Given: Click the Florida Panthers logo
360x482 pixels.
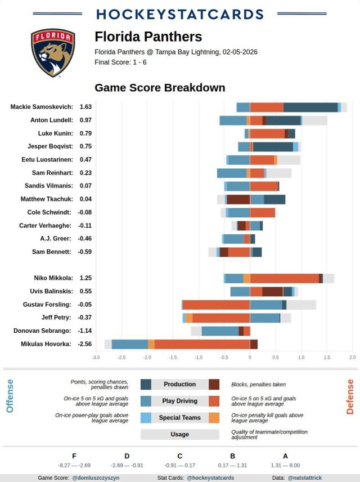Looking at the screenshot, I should [53, 53].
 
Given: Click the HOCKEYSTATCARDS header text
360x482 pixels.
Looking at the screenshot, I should [179, 14].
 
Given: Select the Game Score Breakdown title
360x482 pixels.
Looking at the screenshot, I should [160, 88].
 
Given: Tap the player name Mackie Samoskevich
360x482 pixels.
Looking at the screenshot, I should [42, 106].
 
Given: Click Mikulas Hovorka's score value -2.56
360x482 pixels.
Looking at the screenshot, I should [85, 343].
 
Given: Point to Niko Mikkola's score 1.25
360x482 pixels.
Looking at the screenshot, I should [85, 278].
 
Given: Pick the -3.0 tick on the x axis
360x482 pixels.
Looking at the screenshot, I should [96, 358].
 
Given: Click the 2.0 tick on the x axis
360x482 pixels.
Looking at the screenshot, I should [353, 358].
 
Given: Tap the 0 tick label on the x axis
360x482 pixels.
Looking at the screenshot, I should [250, 358].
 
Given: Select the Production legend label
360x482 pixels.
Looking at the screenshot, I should [179, 385].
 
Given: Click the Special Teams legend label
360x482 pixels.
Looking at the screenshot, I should [179, 418].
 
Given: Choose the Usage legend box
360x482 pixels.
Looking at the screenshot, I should [179, 435].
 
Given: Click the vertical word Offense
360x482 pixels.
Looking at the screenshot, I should [10, 396].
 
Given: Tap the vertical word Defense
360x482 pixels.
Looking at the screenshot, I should [350, 396].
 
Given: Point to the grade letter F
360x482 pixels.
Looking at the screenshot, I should [74, 456].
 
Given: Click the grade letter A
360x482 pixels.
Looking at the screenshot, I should [285, 456].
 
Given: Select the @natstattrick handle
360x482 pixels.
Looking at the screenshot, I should [305, 477].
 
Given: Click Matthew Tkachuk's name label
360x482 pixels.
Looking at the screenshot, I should [47, 199].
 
